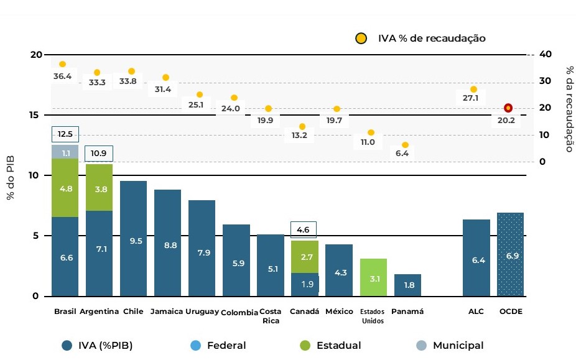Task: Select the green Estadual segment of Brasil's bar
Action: pyautogui.click(x=65, y=188)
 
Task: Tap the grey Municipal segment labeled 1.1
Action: pyautogui.click(x=65, y=152)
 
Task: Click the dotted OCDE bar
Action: pyautogui.click(x=510, y=254)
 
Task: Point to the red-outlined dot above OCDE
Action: pyautogui.click(x=508, y=108)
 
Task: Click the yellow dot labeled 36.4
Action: pyautogui.click(x=62, y=64)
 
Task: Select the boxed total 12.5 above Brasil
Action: pyautogui.click(x=65, y=134)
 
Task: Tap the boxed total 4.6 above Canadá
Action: pyautogui.click(x=304, y=229)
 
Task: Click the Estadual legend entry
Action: pyautogui.click(x=330, y=346)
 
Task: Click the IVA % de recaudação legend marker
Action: pyautogui.click(x=361, y=39)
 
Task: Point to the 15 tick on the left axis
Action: pyautogui.click(x=36, y=115)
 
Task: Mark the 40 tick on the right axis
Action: pyautogui.click(x=546, y=54)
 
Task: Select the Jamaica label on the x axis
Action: pyautogui.click(x=167, y=312)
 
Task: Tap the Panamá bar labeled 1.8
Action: pyautogui.click(x=407, y=285)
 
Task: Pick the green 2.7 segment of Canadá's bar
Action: pyautogui.click(x=305, y=256)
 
